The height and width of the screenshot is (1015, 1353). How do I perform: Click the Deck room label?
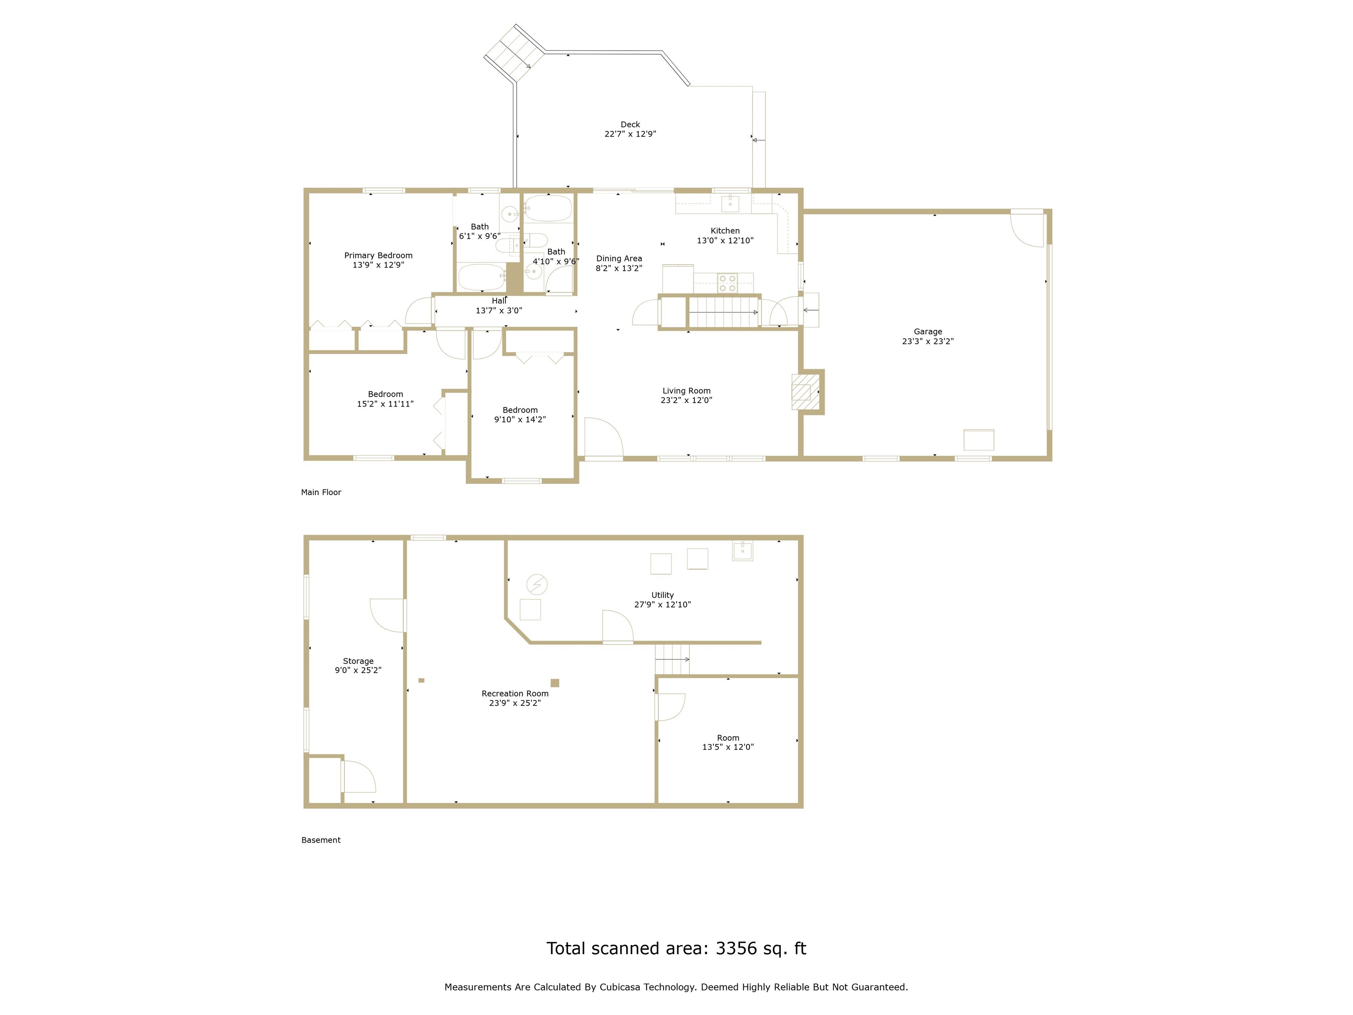630,124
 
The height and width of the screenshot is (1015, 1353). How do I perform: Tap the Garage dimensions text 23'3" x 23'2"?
928,341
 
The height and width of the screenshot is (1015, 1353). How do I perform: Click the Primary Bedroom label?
378,256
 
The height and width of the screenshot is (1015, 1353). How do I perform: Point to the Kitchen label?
725,231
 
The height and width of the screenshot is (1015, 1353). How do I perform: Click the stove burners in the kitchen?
727,283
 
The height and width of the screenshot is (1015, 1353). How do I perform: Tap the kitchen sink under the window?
730,203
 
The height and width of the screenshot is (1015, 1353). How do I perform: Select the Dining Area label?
619,259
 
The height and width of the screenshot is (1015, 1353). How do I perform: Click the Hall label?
499,301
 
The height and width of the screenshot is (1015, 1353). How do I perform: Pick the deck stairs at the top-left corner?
514,54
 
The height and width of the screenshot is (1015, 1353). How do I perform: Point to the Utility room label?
662,595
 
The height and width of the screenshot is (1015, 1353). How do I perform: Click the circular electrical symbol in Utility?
536,584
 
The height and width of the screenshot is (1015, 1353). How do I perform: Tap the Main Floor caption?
321,493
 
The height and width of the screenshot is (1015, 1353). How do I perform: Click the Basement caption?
321,840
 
